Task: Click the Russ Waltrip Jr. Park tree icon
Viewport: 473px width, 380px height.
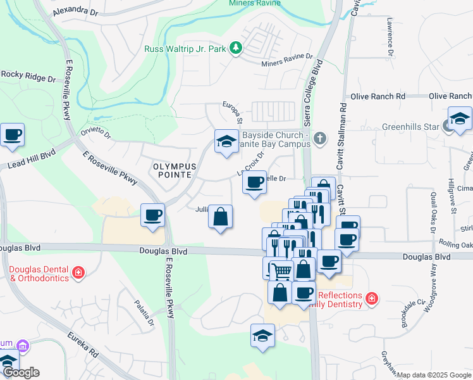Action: tap(236, 47)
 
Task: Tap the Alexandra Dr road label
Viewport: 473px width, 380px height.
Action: tap(77, 12)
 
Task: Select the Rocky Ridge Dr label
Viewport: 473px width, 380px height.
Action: tap(28, 75)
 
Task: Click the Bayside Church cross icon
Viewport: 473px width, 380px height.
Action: tap(321, 137)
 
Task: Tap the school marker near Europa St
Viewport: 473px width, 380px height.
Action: tap(226, 141)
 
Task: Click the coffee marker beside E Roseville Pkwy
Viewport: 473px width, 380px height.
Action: tap(152, 215)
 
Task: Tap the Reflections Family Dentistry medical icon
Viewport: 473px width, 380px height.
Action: tap(372, 297)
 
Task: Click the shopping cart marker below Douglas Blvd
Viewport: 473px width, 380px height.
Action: tap(281, 270)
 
